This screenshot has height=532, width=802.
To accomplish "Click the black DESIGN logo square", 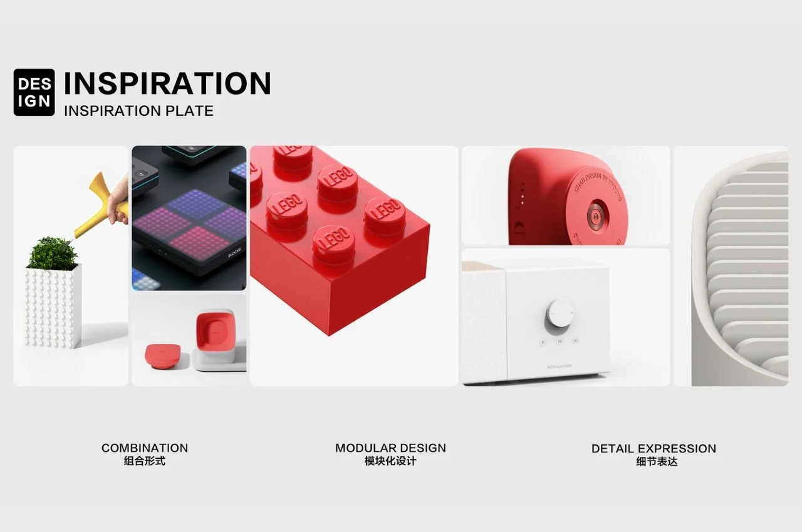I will pos(34,92).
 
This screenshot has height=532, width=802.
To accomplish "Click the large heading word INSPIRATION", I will pos(167,83).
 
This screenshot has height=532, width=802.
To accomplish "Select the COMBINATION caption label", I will pos(145,448).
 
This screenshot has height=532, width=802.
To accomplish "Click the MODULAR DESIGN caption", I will pos(390,448).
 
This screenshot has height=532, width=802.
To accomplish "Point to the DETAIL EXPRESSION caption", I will pos(654,448).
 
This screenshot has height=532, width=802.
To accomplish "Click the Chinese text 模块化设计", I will pos(390,461).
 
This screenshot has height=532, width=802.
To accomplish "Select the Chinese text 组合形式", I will pos(145,461).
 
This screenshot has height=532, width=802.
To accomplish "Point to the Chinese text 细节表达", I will pos(654,462).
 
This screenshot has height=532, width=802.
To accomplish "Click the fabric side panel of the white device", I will pos(484,325).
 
